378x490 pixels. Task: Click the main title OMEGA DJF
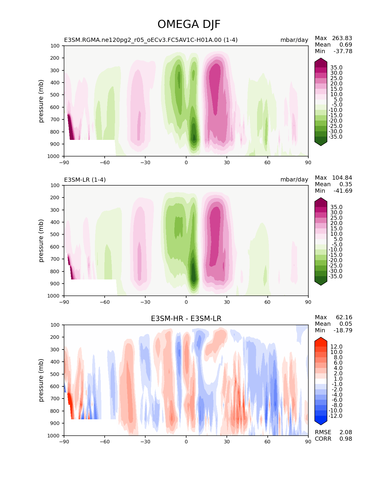(x=189, y=24)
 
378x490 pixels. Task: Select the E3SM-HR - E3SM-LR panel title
(x=186, y=319)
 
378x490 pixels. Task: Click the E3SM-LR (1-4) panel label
(x=85, y=180)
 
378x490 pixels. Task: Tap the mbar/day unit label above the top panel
(x=294, y=40)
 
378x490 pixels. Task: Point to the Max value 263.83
(x=342, y=38)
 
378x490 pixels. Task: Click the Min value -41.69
(x=343, y=191)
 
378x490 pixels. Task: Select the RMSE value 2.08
(x=346, y=432)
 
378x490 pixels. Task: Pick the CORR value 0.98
(x=346, y=439)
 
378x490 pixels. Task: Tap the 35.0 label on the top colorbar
(x=336, y=68)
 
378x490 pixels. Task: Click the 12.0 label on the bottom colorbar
(x=336, y=347)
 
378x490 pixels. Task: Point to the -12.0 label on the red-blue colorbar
(x=335, y=416)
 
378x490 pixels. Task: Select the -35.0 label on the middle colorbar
(x=335, y=276)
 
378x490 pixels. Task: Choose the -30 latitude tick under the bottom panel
(x=145, y=442)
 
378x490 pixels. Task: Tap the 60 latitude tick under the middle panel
(x=267, y=302)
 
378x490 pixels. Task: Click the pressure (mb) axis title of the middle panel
(x=41, y=241)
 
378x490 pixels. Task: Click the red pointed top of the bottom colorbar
(x=321, y=339)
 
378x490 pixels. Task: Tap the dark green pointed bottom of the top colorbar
(x=321, y=143)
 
